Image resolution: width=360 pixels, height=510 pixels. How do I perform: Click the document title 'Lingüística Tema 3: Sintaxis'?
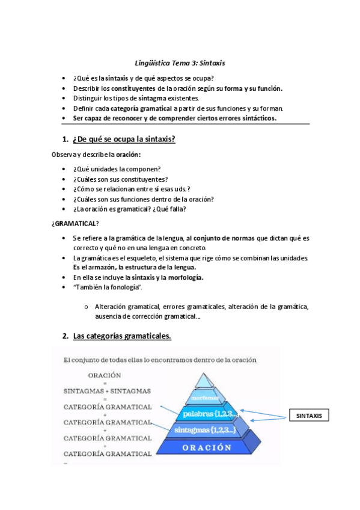(x=180, y=63)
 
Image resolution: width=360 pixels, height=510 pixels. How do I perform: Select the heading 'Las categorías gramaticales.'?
(x=122, y=336)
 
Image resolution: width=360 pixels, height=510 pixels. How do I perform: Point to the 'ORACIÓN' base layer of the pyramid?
(x=207, y=447)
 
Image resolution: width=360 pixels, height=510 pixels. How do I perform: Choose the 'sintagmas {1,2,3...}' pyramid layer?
(x=206, y=430)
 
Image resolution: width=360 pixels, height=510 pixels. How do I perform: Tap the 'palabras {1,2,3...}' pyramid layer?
(x=207, y=414)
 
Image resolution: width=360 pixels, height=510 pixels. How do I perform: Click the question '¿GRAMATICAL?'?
(x=76, y=224)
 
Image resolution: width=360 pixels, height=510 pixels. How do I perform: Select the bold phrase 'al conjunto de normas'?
(x=220, y=238)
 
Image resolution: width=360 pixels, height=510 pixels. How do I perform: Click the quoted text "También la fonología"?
(x=99, y=287)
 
